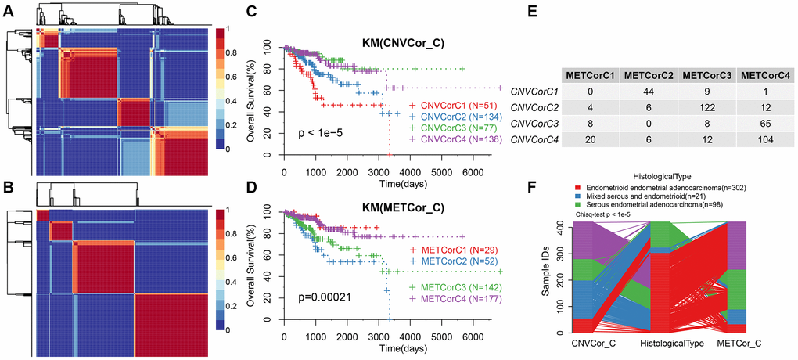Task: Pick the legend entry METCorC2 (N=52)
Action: pyautogui.click(x=450, y=258)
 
